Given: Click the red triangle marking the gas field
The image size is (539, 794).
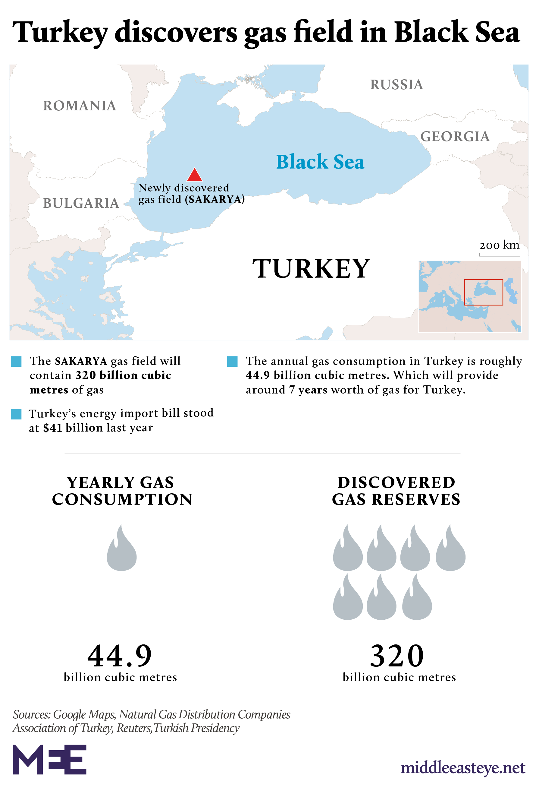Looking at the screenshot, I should [x=195, y=175].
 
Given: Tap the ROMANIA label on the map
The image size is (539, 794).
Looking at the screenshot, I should [x=80, y=106].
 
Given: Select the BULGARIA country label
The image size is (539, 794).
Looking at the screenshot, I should [x=81, y=203].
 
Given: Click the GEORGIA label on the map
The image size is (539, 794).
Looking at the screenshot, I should [x=455, y=137].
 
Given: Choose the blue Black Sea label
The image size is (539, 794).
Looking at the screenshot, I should [x=320, y=162].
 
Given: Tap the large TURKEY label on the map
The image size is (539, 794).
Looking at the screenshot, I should [x=311, y=269].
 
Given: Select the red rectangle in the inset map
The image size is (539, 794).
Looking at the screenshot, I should [x=483, y=292].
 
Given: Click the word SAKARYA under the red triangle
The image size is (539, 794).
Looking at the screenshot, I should [x=215, y=200].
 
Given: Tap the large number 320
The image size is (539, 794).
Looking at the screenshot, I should [x=397, y=656].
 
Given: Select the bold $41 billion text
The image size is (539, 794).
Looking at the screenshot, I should [x=73, y=428].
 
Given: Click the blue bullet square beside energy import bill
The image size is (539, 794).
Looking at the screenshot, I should [x=16, y=414].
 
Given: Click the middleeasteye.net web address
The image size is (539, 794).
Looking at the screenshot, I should [x=462, y=768].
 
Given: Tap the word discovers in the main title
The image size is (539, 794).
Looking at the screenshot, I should [x=176, y=33].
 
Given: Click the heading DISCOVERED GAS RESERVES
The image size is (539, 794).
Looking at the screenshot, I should [x=396, y=491].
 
